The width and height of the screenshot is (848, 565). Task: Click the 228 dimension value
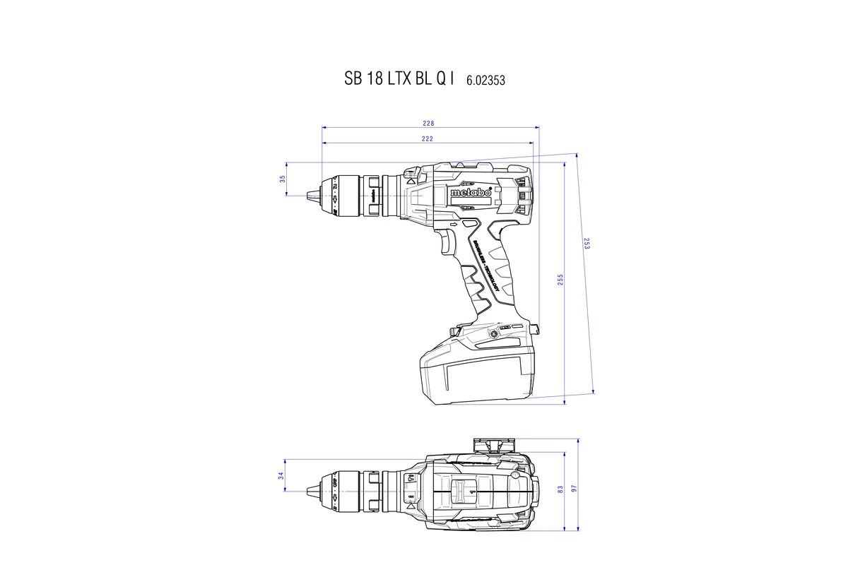(428, 123)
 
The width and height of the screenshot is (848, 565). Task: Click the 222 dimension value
(427, 138)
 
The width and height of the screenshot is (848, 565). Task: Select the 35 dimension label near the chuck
(283, 179)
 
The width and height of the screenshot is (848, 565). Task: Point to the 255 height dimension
(560, 280)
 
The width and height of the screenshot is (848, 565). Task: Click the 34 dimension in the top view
(281, 475)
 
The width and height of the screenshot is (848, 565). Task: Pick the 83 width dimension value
(560, 489)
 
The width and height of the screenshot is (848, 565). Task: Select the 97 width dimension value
(575, 489)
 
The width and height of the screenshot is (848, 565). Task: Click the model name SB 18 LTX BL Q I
(399, 79)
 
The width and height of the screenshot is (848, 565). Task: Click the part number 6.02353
(485, 81)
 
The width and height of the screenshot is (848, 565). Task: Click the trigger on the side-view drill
(447, 244)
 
